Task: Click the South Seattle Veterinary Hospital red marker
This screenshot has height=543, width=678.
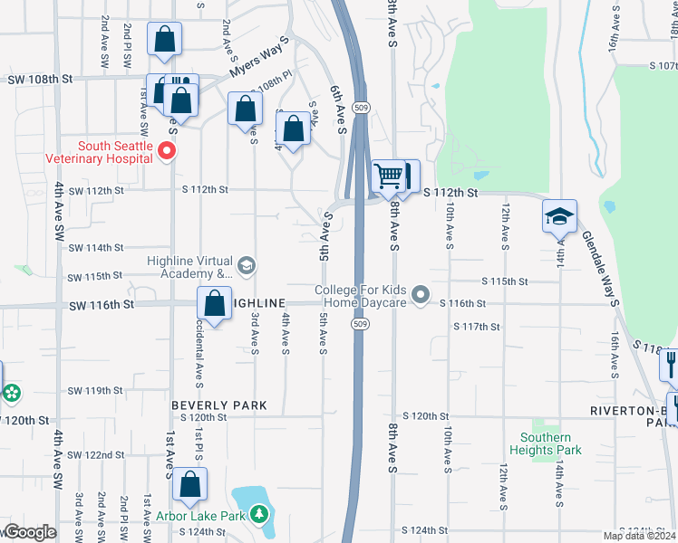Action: coord(166,151)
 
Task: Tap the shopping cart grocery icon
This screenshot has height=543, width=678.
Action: coord(389,176)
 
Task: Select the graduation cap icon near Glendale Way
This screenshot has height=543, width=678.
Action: coord(560,217)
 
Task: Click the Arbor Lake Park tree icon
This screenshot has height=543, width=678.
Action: coord(260,515)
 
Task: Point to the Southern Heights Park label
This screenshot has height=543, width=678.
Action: coord(547,443)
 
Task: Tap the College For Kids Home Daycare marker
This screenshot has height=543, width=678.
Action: coord(420,295)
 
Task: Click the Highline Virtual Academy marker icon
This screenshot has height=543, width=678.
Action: coord(247,266)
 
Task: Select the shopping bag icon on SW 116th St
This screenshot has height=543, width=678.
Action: coord(214,304)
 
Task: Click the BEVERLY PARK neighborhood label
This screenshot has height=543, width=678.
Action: coord(219,405)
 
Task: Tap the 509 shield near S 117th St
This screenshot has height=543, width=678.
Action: coord(361,324)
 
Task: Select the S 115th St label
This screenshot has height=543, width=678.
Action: coord(504,282)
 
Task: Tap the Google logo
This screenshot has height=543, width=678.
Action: coord(29,532)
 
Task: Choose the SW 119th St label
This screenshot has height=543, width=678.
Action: coord(94,391)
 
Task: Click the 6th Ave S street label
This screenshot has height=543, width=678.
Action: coord(338,109)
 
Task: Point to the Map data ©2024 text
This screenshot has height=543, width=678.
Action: coord(640,536)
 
